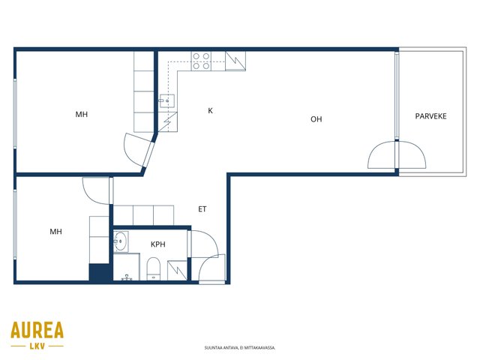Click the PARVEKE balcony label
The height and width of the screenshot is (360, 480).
tap(430, 116)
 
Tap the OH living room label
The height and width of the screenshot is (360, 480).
tap(316, 119)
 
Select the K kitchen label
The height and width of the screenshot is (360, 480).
tap(210, 111)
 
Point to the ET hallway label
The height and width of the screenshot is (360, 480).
tap(202, 209)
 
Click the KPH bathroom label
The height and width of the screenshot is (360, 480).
tap(158, 244)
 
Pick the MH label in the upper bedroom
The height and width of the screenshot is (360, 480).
tap(82, 115)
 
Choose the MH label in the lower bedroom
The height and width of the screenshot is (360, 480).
tap(55, 232)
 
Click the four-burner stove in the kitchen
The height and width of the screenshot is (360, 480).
tap(201, 61)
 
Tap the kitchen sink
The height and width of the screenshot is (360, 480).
tap(166, 100)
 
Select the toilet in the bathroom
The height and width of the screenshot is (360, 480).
tap(153, 268)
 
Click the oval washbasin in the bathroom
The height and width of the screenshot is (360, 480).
tap(120, 241)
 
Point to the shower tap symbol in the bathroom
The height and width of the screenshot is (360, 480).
tap(127, 277)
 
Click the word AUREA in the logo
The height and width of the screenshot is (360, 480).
tap(37, 329)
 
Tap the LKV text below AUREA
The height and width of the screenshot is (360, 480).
tap(37, 346)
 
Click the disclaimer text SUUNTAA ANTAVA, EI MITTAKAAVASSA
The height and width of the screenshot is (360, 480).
tap(240, 348)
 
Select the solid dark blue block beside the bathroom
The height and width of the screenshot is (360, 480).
tap(99, 271)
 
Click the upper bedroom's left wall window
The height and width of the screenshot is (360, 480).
tap(15, 113)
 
